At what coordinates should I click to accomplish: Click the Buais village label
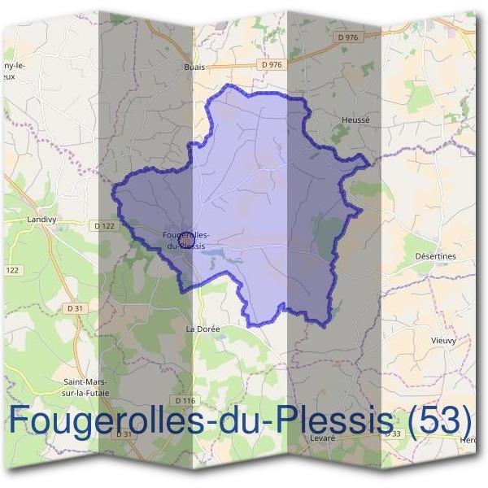coord(194,68)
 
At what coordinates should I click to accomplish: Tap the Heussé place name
coord(356,120)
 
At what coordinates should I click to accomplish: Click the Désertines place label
coord(435,255)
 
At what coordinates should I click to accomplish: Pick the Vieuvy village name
coord(442,340)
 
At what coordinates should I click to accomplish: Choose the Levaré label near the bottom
coord(323,437)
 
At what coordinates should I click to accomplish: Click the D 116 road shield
coord(186,400)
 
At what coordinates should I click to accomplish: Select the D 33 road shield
coord(392,434)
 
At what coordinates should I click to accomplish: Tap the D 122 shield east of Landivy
coord(104,225)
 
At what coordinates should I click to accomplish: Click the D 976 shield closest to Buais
coord(272,64)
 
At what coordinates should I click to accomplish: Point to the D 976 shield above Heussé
coord(347,37)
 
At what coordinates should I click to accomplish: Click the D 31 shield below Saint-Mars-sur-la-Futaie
coord(124,434)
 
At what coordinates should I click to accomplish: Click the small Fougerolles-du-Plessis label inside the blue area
coord(186,240)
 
